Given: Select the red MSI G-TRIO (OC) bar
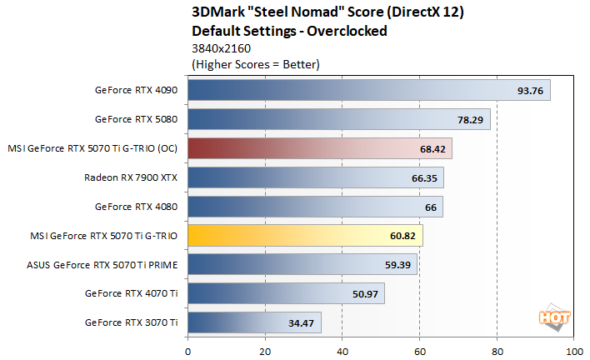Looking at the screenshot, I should (x=320, y=148).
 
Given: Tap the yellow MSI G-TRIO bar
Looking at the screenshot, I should (x=305, y=236).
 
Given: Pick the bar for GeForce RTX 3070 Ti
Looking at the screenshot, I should (x=254, y=322).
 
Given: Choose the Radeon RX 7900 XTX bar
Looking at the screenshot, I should (x=316, y=177).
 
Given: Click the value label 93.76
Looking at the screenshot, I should (x=530, y=91).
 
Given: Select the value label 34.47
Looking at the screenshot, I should (x=301, y=322).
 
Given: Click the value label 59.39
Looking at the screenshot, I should (x=397, y=265).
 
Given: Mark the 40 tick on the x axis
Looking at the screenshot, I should (x=342, y=349).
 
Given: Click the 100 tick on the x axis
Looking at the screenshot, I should (x=573, y=349).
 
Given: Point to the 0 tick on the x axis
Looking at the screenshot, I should (x=188, y=349).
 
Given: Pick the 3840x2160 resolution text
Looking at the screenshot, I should (x=222, y=47).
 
